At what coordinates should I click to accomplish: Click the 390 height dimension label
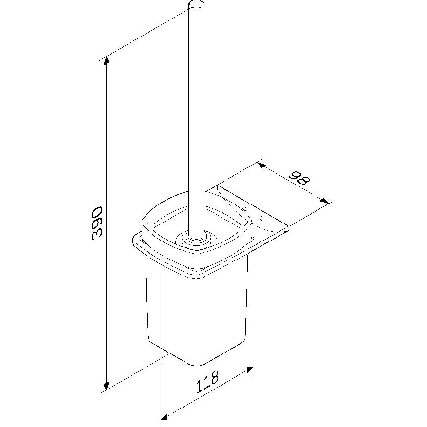click(x=96, y=223)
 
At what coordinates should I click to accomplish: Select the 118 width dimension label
click(x=207, y=382)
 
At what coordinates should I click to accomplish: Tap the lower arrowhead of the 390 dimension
click(x=107, y=385)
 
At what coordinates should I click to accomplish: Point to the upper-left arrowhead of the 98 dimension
click(x=261, y=165)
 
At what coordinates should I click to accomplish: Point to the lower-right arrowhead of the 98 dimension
click(x=324, y=201)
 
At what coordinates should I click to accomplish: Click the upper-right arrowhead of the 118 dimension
click(x=249, y=371)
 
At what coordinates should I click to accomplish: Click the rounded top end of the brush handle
click(x=196, y=5)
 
